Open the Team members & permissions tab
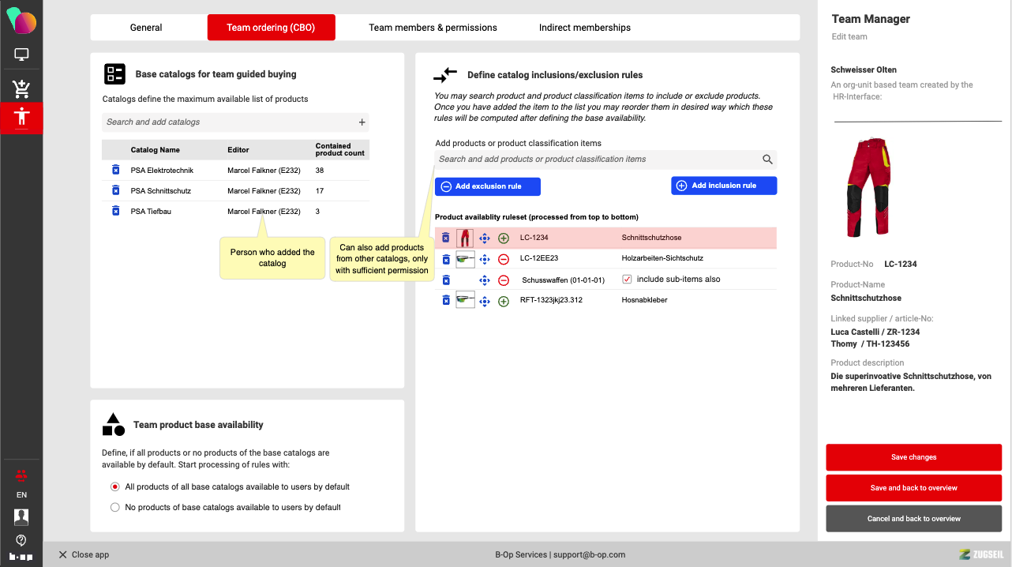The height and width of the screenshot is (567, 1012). tap(433, 28)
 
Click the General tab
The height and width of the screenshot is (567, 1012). tap(146, 28)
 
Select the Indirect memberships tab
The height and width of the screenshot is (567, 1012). tap(584, 28)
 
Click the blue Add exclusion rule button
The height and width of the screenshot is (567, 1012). tap(488, 186)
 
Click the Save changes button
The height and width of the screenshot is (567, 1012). tap(913, 457)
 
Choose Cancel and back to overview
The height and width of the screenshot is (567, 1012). tap(913, 519)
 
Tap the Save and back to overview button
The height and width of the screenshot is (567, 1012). tap(913, 488)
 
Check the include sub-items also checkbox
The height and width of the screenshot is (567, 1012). tap(627, 280)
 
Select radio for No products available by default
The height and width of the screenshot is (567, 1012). tap(115, 507)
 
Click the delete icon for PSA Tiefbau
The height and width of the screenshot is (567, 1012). tap(115, 211)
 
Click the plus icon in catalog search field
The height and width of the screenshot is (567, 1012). tap(362, 122)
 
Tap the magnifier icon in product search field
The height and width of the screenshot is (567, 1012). tap(767, 160)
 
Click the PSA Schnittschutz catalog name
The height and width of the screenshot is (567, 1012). tap(161, 191)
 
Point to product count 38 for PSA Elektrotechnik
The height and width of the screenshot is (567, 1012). tap(320, 171)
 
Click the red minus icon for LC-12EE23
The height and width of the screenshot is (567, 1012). tap(504, 259)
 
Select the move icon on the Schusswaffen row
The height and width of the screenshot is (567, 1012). tap(485, 280)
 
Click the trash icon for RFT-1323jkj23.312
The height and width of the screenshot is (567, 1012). tap(446, 300)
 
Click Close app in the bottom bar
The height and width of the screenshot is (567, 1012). tap(84, 554)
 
